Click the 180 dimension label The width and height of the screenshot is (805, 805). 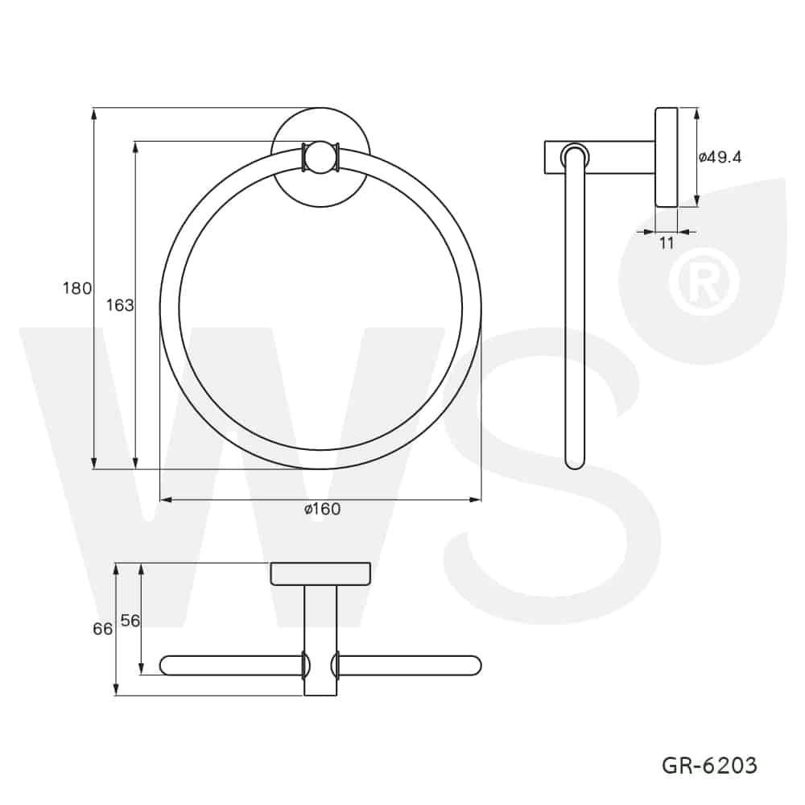(x=77, y=288)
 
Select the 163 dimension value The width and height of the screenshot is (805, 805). (x=120, y=305)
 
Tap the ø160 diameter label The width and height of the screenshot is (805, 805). (x=323, y=509)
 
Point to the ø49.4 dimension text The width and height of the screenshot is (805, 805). (x=720, y=157)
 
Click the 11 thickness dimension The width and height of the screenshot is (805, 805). (x=667, y=243)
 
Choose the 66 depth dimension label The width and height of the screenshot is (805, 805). (x=103, y=629)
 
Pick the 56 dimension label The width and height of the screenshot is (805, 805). (x=130, y=621)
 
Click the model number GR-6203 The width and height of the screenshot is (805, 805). (x=709, y=766)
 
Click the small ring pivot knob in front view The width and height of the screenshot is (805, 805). (x=320, y=157)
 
